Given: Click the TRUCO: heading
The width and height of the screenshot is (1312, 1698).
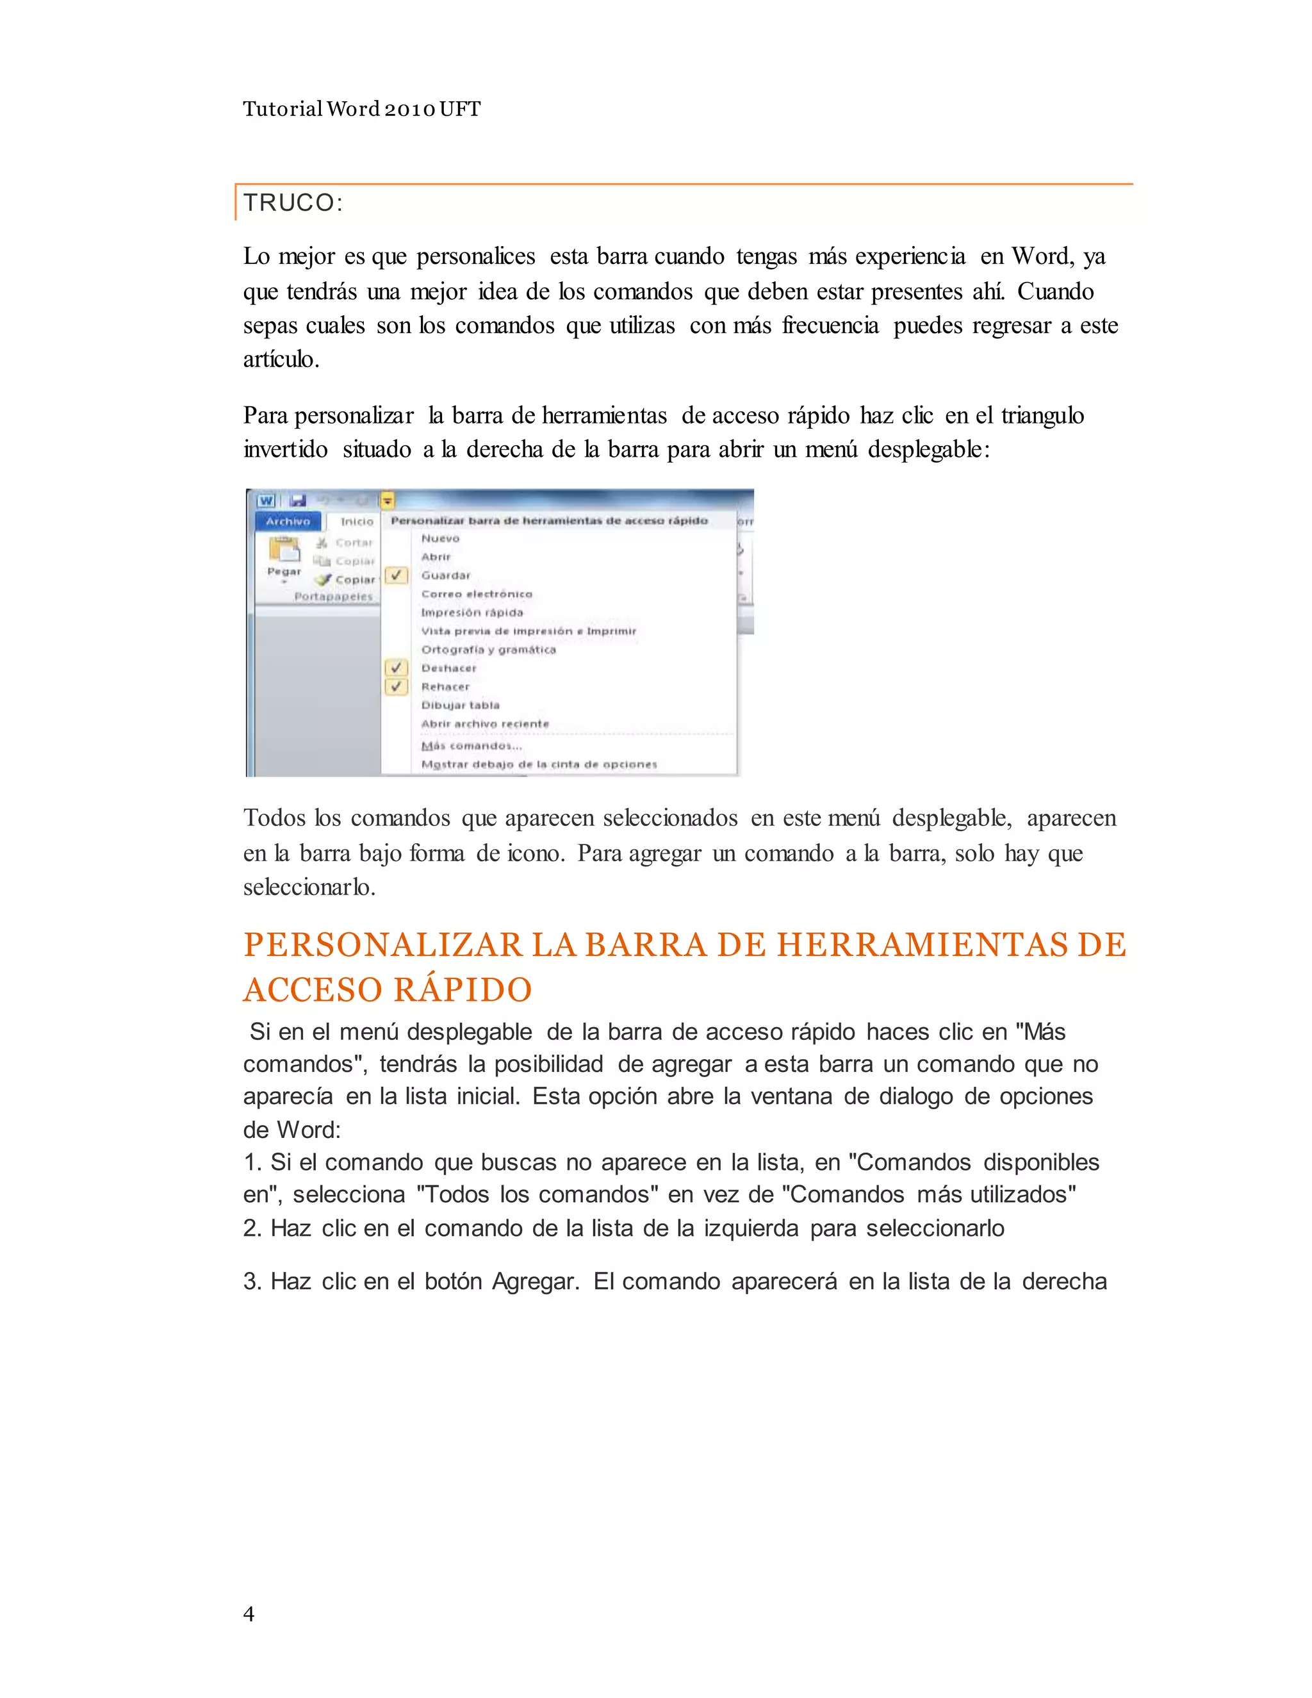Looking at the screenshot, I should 293,203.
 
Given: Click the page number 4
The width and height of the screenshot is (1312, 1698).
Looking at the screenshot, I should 249,1613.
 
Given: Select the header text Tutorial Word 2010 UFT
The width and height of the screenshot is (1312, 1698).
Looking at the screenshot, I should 361,109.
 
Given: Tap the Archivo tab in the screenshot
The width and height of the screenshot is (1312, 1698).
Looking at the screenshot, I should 288,522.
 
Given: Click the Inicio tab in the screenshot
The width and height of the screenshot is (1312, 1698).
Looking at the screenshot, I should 357,522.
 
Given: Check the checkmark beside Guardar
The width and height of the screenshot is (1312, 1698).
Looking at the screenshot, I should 397,575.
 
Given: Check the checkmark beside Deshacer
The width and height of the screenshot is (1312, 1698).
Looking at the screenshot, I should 397,668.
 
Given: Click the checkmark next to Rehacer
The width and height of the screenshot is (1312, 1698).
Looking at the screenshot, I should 397,686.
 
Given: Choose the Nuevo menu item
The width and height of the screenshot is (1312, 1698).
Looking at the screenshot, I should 441,539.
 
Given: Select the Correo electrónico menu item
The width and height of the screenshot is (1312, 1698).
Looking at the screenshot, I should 477,594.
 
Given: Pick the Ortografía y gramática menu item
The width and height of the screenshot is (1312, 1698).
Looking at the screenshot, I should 488,650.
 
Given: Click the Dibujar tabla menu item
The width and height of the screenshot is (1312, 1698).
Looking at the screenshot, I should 460,705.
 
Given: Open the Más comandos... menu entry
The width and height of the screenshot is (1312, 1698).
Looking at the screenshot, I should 471,746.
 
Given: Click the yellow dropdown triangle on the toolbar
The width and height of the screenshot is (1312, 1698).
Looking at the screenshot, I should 387,500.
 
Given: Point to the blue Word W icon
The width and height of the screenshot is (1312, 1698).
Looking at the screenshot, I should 266,500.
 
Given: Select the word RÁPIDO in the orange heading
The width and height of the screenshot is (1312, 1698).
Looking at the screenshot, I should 463,990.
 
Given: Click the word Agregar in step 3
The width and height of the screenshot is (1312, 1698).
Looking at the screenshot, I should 534,1282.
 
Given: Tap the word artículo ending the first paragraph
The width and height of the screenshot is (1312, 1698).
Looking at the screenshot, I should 280,359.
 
